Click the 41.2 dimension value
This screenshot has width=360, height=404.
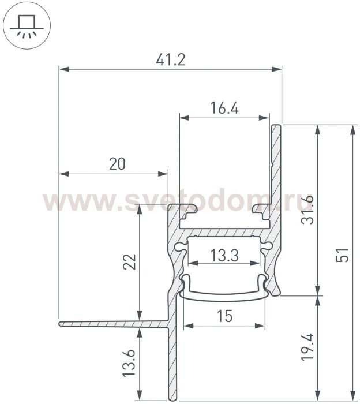[x=171, y=60]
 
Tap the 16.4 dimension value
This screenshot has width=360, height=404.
[x=224, y=108]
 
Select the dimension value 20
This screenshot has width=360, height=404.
[x=118, y=163]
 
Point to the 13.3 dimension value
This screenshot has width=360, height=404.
[x=224, y=255]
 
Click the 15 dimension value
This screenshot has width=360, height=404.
[x=224, y=316]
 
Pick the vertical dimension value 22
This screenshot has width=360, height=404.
[x=130, y=262]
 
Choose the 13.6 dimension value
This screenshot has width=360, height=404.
[x=129, y=363]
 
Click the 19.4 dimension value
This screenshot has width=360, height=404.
[x=307, y=347]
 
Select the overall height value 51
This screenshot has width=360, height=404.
[x=343, y=255]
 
